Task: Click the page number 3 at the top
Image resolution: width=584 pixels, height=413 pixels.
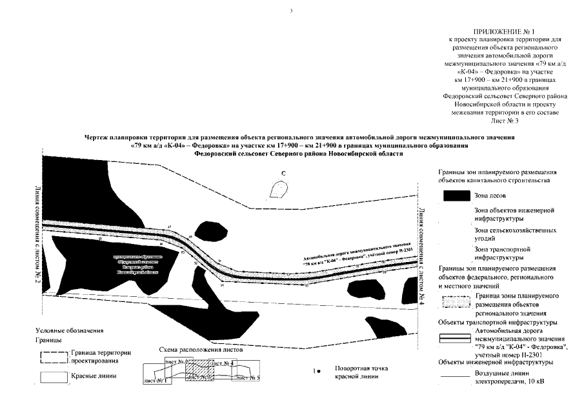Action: click(x=292, y=11)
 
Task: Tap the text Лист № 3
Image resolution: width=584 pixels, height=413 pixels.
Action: click(x=502, y=121)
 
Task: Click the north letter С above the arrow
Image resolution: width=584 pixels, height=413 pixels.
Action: click(x=283, y=174)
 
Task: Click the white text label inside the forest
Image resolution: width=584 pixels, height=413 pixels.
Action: click(x=137, y=265)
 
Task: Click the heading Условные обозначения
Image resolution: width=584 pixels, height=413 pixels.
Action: click(x=70, y=331)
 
